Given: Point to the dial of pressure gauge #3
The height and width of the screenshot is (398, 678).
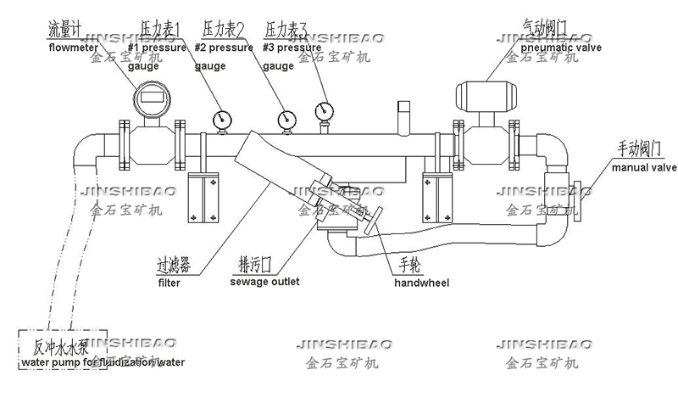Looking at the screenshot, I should (323, 111).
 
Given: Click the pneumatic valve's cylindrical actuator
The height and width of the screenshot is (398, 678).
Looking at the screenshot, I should (488, 93).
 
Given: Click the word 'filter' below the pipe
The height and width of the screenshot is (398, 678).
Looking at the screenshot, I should (169, 283).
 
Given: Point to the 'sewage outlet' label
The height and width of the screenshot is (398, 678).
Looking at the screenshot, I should (259, 282).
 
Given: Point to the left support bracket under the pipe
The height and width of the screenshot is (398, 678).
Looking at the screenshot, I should (202, 194).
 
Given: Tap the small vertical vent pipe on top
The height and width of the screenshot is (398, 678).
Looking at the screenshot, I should (404, 115).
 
